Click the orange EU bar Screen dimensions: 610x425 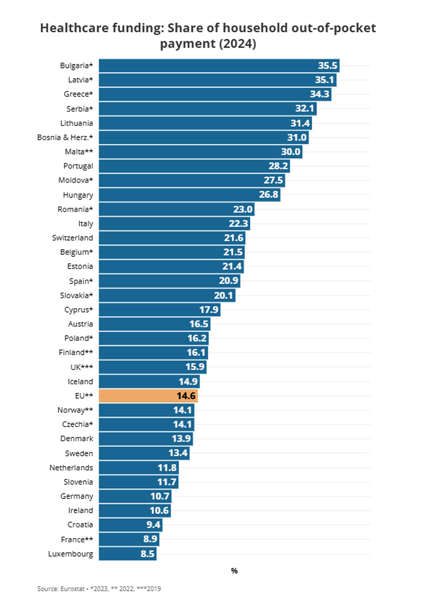[x=148, y=396]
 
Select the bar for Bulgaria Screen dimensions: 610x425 [x=219, y=65]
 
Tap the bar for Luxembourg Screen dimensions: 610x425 [x=127, y=553]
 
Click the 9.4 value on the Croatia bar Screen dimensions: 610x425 [x=154, y=525]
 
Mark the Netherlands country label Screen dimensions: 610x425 [x=71, y=467]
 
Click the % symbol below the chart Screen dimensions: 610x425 [x=234, y=571]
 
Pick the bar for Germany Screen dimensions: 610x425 [x=135, y=496]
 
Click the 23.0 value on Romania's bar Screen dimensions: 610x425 [x=243, y=209]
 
